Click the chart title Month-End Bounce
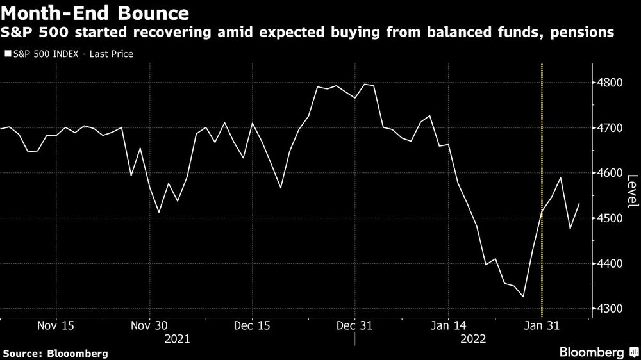tap(94, 12)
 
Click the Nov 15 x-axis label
tap(56, 325)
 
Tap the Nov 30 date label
tap(149, 325)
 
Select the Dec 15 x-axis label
tap(252, 325)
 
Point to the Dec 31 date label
tap(354, 325)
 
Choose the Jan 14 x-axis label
tap(447, 325)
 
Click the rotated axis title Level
tap(632, 192)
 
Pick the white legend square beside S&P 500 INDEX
tap(7, 54)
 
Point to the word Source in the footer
tap(23, 353)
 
